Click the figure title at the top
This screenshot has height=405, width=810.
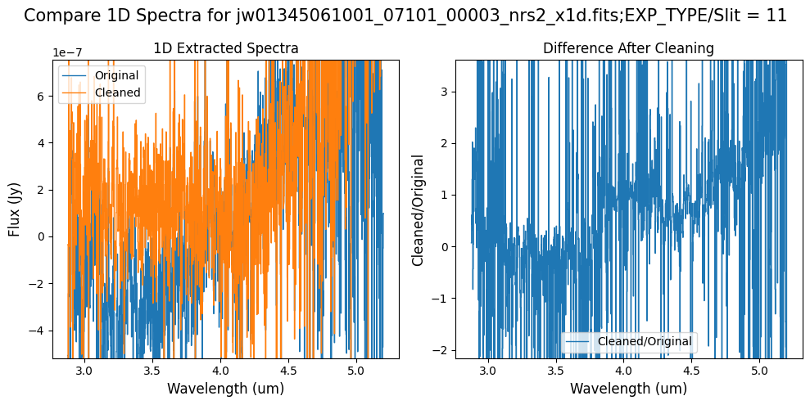coord(405,16)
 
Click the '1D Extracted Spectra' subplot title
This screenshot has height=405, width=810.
coord(226,49)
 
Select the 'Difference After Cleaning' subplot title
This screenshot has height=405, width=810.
coord(628,49)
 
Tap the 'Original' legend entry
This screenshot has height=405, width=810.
coord(116,75)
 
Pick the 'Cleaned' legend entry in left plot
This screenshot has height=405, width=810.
coord(118,92)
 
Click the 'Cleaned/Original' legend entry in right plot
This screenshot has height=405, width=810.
coord(645,341)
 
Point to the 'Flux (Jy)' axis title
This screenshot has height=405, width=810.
coord(14,209)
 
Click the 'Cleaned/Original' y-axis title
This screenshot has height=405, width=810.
coord(419,209)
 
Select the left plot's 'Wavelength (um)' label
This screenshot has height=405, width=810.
coord(226,389)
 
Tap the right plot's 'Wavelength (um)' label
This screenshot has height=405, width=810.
coord(628,389)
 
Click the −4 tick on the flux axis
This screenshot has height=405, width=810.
coord(41,331)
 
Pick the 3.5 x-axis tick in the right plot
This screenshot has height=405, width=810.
coord(556,370)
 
